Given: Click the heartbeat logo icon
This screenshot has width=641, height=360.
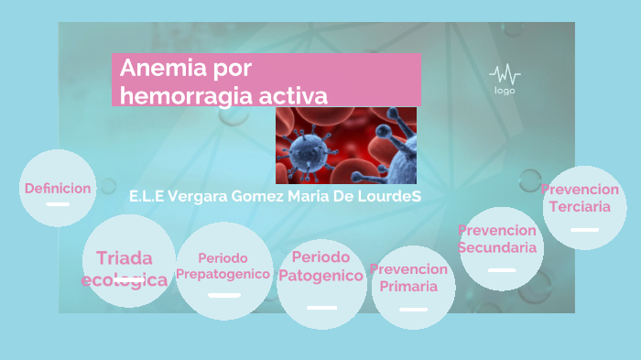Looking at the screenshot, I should point(505,74).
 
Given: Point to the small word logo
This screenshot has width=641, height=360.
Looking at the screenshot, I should point(505,91).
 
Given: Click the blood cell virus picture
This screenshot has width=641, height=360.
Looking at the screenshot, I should point(346,145).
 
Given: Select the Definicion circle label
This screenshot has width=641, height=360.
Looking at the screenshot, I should point(58,189).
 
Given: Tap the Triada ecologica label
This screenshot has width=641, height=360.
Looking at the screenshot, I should point(125,268).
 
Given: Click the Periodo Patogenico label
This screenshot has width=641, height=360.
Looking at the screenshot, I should point(320,267).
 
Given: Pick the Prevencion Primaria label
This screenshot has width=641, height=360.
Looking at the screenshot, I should point(408,278).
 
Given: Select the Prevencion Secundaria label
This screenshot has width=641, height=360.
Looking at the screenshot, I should point(497,239).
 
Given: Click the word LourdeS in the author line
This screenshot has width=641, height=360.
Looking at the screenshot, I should point(390,197).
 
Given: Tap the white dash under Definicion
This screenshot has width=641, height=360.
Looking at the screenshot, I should point(58,204).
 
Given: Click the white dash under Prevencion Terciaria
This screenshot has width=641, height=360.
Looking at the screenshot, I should point(583,230).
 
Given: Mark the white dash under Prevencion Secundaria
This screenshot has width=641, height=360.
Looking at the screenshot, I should point(502,270).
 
